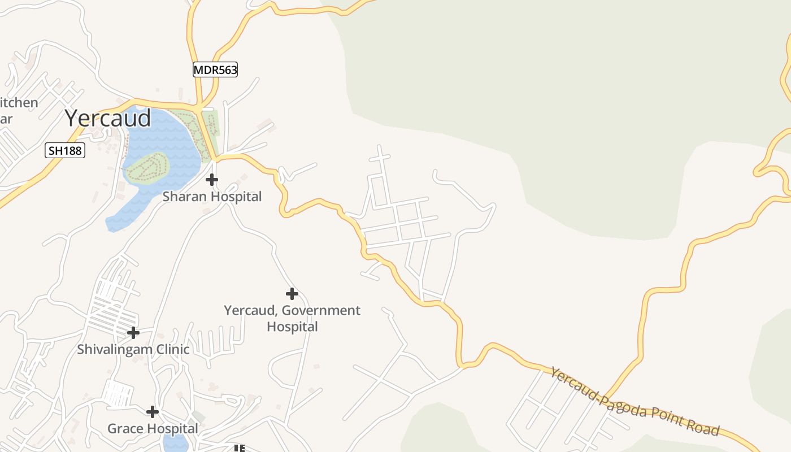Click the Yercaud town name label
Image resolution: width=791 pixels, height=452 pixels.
[107, 118]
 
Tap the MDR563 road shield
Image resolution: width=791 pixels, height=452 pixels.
[215, 69]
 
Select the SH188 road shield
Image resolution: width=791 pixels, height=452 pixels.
[65, 150]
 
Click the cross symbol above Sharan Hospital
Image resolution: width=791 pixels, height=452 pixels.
[212, 180]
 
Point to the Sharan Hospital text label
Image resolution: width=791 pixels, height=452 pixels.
[212, 197]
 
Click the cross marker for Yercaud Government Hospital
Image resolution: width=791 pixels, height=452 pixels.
[292, 294]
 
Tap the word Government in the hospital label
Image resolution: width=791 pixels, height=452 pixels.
[321, 310]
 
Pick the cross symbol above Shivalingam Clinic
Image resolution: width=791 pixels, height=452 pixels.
[133, 332]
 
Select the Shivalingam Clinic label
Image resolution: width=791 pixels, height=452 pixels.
[133, 349]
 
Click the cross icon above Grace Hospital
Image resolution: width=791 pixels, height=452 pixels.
[152, 412]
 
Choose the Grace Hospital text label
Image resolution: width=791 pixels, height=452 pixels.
[153, 428]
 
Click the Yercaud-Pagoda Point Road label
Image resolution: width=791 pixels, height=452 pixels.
[635, 402]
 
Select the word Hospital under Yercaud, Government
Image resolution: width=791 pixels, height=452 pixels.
[292, 327]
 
